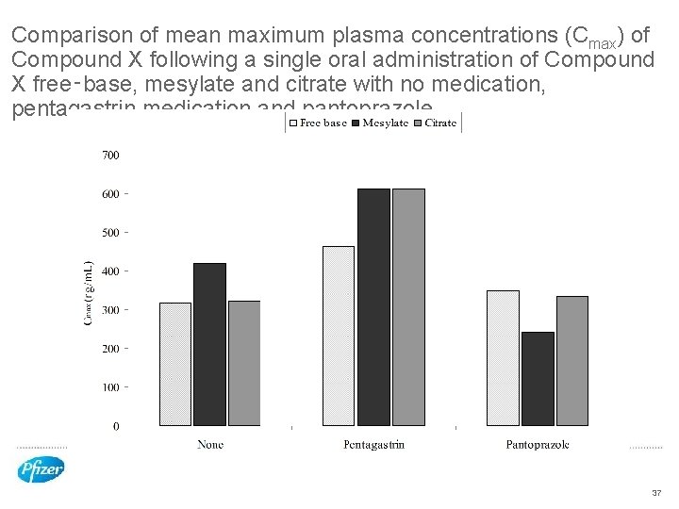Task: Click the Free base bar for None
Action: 174,364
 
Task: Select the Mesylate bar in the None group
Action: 209,344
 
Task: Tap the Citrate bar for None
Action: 244,364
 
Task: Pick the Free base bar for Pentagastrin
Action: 339,336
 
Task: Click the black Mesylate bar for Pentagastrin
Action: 373,307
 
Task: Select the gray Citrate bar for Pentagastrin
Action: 408,307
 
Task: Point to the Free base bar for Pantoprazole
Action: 503,358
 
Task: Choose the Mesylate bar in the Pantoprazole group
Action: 538,379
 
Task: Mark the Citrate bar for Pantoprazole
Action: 572,361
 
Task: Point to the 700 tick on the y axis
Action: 110,155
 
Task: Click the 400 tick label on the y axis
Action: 110,271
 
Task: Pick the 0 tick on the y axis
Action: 115,427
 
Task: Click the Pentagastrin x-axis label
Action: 373,444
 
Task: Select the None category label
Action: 209,444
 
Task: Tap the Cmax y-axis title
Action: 89,293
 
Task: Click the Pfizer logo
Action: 41,468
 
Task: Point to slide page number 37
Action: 656,493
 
